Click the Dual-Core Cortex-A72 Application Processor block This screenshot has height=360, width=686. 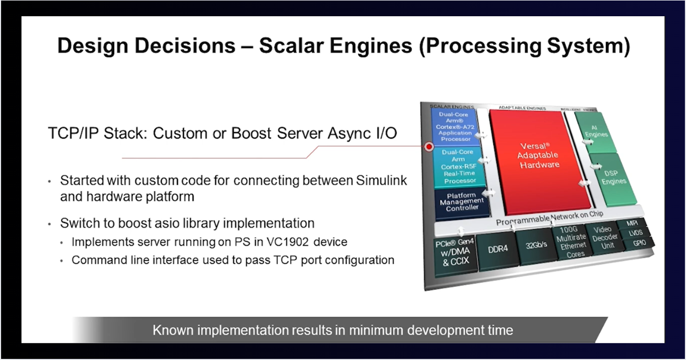(455, 126)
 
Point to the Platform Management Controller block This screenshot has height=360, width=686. (462, 201)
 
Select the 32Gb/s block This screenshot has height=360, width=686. (536, 245)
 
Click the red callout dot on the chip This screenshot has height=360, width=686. (430, 146)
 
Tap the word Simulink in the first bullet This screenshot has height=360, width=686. (381, 180)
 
